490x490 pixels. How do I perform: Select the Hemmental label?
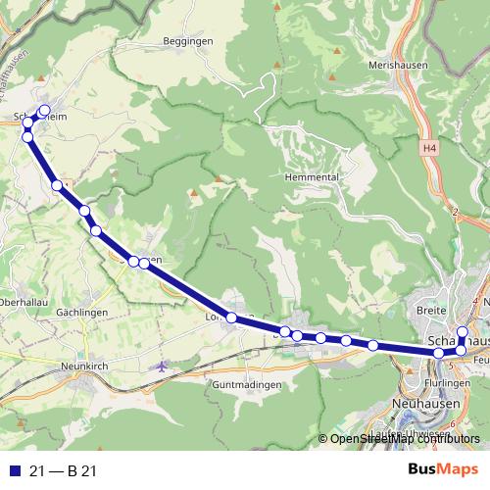(x=311, y=176)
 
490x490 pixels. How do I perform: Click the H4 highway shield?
(x=430, y=148)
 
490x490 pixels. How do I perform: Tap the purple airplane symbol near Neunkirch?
(x=163, y=366)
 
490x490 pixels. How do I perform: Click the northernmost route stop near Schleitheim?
(x=44, y=110)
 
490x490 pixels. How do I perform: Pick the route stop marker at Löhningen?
(x=232, y=318)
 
